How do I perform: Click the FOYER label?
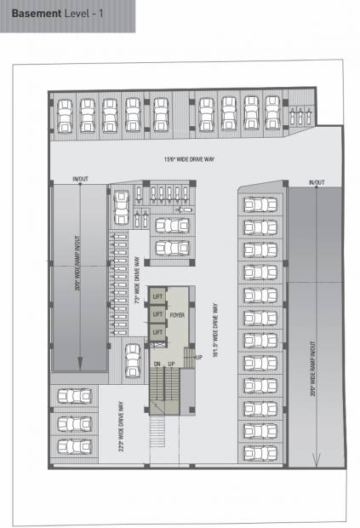point(177,315)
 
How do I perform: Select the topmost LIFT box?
point(157,296)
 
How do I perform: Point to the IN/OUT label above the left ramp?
point(80,179)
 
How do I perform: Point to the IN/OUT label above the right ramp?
point(316,183)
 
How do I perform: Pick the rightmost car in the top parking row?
point(272,114)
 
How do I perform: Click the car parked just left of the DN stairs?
point(133,359)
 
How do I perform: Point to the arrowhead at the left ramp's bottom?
point(80,363)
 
